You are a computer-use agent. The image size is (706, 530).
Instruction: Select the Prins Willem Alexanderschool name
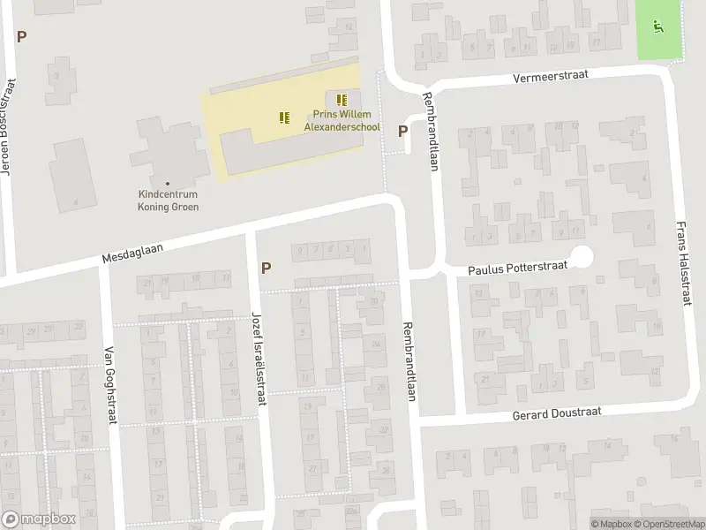pos(342,121)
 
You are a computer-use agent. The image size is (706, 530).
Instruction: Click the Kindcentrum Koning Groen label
pos(168,201)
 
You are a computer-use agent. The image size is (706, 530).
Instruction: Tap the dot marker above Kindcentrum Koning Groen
pos(168,183)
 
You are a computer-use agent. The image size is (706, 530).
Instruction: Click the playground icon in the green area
pos(657,26)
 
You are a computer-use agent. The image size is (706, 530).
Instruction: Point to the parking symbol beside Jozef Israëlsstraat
pos(266,268)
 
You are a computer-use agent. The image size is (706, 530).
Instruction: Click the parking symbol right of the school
pos(402,132)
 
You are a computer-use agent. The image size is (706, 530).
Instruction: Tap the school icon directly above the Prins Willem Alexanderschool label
pos(342,99)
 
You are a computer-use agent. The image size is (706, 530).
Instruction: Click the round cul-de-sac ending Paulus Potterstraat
pos(582,257)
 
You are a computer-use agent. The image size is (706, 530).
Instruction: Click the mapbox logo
pos(38,520)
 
